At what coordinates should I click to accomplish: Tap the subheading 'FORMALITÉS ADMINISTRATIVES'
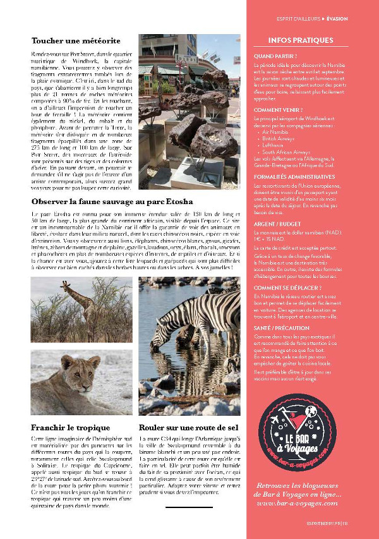pyautogui.click(x=294, y=177)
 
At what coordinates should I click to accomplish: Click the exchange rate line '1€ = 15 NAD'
pyautogui.click(x=268, y=239)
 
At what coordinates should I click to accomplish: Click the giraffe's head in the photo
pyautogui.click(x=65, y=285)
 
